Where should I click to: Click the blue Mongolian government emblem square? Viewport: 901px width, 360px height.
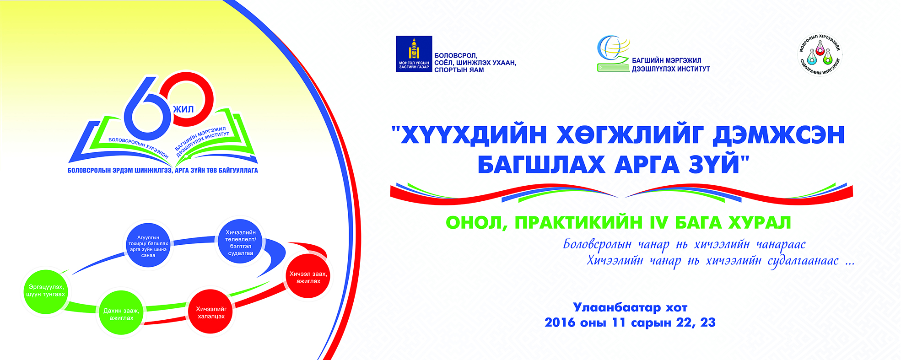[x=414, y=54]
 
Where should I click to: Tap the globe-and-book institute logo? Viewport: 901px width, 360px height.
[x=614, y=54]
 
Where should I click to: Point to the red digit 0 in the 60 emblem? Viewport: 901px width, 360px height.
[x=192, y=99]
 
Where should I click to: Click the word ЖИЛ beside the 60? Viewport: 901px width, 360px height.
[x=183, y=109]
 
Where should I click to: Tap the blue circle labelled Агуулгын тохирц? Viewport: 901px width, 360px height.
[x=148, y=246]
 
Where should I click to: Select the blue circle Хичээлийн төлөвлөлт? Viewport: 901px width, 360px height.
[x=240, y=242]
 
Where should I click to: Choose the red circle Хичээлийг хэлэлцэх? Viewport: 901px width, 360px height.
[x=211, y=312]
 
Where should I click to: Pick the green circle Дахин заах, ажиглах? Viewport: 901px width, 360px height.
[x=121, y=313]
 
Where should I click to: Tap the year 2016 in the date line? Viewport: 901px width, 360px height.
[x=560, y=322]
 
